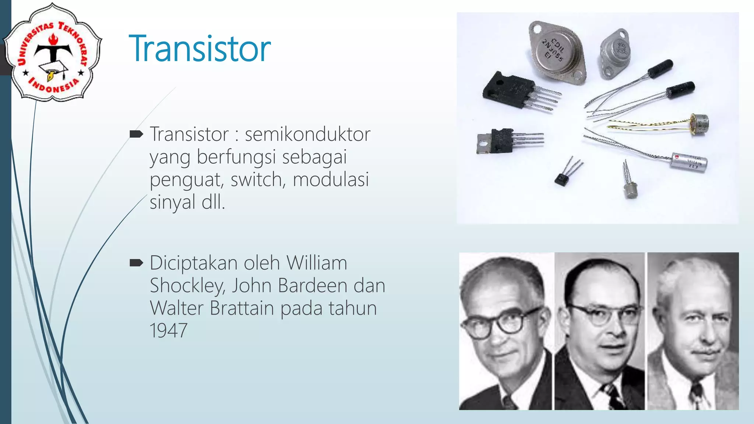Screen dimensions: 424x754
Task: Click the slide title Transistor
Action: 200,49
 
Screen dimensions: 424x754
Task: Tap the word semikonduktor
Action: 307,134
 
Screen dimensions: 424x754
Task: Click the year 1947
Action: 168,331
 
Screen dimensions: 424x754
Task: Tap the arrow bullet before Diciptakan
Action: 136,263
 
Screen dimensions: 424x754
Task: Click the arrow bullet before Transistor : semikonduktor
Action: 136,134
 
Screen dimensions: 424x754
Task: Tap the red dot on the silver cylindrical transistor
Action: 677,157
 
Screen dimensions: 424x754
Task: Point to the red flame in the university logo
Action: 53,38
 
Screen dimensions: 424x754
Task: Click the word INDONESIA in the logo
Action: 54,86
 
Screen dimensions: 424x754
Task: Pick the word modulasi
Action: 331,180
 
